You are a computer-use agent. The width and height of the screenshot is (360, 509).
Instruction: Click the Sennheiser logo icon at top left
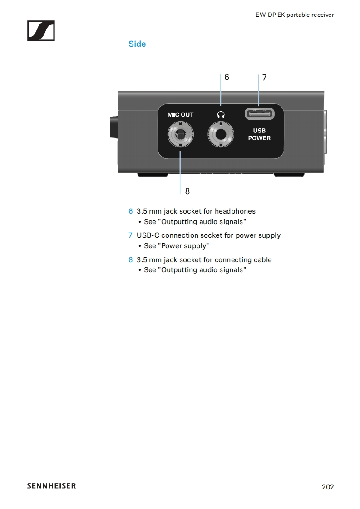click(x=41, y=31)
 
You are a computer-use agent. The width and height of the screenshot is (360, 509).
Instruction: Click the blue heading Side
click(x=137, y=44)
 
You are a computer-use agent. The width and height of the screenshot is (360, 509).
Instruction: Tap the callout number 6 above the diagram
click(x=227, y=77)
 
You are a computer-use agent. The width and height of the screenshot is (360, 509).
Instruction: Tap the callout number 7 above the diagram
click(x=264, y=78)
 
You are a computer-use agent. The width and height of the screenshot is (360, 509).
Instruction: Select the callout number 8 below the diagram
click(x=187, y=191)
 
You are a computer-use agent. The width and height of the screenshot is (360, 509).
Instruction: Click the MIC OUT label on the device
click(x=180, y=114)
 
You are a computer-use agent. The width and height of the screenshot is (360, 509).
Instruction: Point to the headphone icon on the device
click(x=221, y=115)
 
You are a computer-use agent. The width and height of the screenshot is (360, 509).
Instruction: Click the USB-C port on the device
click(x=259, y=113)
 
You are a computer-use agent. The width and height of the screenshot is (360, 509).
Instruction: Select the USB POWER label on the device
click(x=259, y=134)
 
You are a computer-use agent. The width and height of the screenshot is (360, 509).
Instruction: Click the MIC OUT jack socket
click(x=180, y=135)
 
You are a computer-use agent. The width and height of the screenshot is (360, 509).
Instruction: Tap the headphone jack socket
click(x=221, y=135)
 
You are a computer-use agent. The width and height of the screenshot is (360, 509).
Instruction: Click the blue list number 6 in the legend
click(x=131, y=211)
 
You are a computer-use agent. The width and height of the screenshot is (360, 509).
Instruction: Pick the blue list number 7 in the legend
click(x=131, y=235)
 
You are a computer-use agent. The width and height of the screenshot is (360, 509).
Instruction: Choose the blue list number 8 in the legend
click(x=131, y=260)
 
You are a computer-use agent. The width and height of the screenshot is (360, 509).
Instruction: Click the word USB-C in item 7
click(x=148, y=235)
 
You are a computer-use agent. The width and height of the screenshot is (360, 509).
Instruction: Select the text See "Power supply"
click(x=176, y=246)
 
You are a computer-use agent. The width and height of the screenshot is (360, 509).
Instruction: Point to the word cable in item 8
click(x=262, y=260)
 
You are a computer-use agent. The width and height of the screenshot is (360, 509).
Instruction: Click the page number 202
click(x=327, y=487)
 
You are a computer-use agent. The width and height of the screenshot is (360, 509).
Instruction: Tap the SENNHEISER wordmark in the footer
click(x=51, y=486)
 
